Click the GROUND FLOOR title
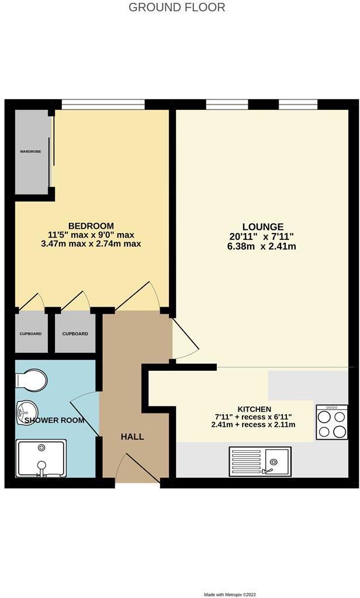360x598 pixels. click(x=176, y=8)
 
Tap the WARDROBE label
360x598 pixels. click(x=30, y=151)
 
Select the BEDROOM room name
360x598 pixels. click(x=91, y=226)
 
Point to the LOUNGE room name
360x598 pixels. click(x=263, y=227)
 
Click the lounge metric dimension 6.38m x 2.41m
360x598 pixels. click(x=263, y=246)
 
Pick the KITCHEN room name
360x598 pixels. click(x=254, y=409)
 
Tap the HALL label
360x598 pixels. click(x=132, y=436)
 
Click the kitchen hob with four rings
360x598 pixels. click(x=331, y=423)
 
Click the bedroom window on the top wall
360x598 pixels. click(x=103, y=104)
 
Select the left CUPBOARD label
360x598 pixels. click(x=30, y=334)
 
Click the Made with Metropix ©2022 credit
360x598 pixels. click(x=231, y=594)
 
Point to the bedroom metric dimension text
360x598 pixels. click(x=91, y=244)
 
